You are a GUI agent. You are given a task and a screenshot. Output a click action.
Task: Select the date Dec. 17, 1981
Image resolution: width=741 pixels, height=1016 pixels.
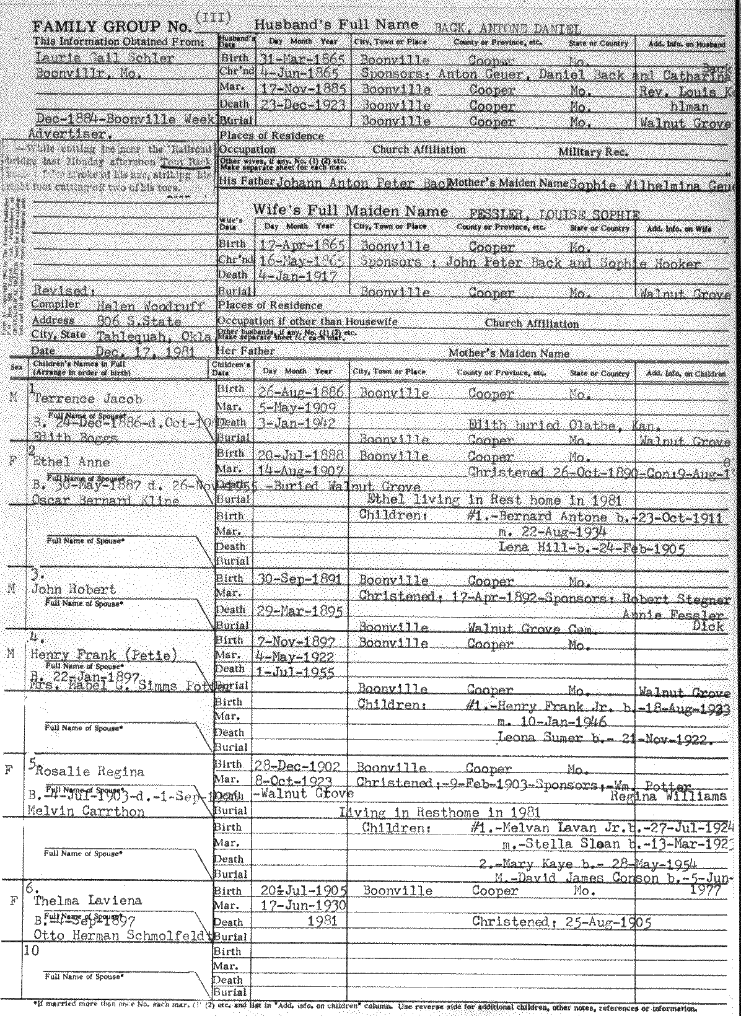146,352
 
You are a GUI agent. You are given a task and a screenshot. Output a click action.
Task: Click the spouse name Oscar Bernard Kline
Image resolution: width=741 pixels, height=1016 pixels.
105,501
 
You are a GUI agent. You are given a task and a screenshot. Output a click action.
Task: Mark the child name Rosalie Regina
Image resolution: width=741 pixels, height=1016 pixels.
89,772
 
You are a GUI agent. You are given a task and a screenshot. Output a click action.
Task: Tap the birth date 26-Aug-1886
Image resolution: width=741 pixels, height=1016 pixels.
300,392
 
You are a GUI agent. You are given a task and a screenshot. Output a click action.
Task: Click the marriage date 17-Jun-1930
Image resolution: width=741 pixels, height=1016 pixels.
300,906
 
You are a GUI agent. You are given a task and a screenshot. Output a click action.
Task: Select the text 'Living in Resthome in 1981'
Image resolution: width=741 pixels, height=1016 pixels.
439,813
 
